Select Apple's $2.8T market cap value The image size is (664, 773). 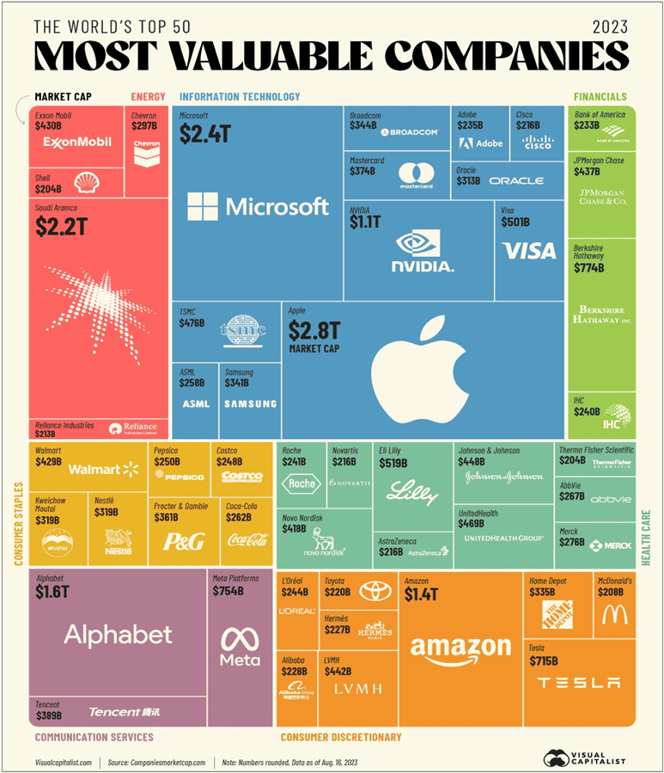point(316,330)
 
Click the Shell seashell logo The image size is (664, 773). point(86,182)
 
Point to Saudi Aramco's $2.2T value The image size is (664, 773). point(63,226)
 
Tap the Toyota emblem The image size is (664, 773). point(375,591)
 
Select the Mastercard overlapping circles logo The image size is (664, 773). point(419,171)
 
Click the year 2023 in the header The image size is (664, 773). point(610,26)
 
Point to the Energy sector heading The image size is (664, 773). point(148,97)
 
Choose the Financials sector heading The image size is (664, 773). point(600,97)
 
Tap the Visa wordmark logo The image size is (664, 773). point(529,251)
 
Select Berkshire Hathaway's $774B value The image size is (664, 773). point(589,268)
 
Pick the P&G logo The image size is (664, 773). point(182,540)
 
